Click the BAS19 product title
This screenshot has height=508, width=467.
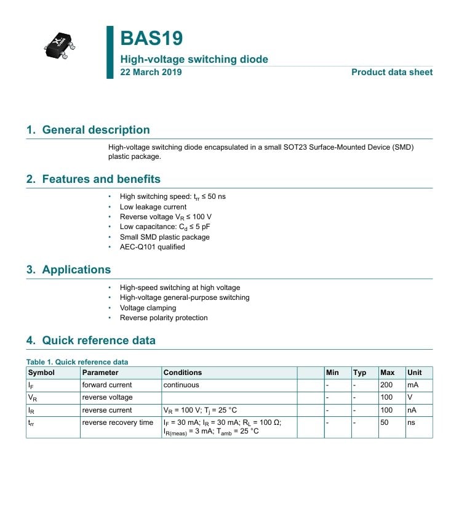[x=151, y=38]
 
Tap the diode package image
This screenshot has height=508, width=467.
[x=59, y=46]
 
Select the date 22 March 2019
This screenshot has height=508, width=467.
[x=151, y=72]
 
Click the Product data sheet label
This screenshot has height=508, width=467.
[x=391, y=72]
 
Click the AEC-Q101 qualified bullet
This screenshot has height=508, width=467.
[x=152, y=247]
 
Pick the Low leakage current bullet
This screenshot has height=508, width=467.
[x=153, y=207]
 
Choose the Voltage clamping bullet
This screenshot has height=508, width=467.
[x=148, y=308]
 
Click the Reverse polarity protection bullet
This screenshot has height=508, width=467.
[x=164, y=318]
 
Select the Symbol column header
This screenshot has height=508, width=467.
[x=41, y=373]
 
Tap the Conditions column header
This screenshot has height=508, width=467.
[x=182, y=373]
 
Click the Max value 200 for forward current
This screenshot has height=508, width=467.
[x=386, y=385]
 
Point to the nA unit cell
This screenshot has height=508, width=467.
[x=412, y=410]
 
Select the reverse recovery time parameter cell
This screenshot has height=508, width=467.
[x=118, y=422]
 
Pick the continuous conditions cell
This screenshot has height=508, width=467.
[x=181, y=385]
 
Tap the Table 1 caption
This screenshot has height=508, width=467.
[x=77, y=362]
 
